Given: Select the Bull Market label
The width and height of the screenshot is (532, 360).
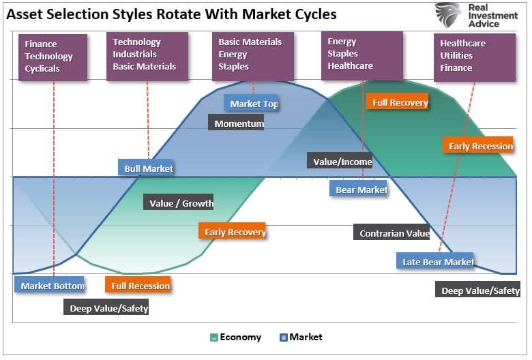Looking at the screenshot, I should (148, 168).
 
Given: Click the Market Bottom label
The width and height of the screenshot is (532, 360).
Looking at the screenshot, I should (50, 285).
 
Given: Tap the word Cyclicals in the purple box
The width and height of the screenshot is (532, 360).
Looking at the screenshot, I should (42, 68).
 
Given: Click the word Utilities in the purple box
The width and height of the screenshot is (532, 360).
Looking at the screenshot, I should (456, 55).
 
